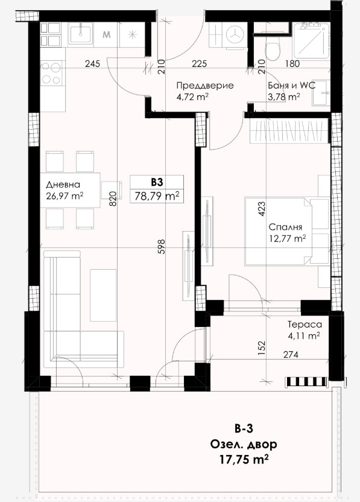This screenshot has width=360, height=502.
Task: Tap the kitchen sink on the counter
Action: [81, 33]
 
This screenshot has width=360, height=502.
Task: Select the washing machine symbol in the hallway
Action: [236, 35]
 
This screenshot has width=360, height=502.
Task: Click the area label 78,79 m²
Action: [157, 195]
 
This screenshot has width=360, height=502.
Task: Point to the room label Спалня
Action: [285, 227]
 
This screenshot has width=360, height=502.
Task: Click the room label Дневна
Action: [63, 185]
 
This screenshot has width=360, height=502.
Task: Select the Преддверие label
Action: [205, 86]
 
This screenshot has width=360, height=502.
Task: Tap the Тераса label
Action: [305, 325]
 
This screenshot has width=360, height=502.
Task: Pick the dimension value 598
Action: [162, 247]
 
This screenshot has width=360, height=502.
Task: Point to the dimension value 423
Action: [262, 209]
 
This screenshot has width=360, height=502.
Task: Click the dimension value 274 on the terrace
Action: [291, 354]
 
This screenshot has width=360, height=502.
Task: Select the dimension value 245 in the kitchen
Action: [92, 64]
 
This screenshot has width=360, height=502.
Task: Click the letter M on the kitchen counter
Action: [107, 34]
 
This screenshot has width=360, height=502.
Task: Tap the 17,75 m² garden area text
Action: [244, 459]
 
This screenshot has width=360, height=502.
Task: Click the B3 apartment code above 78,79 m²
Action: [157, 182]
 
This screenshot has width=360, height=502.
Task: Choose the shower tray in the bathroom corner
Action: [311, 40]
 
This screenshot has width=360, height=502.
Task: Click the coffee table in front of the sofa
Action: [103, 295]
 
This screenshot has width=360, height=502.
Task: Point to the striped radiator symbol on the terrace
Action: [306, 381]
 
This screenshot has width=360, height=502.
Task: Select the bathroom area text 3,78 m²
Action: [284, 97]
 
